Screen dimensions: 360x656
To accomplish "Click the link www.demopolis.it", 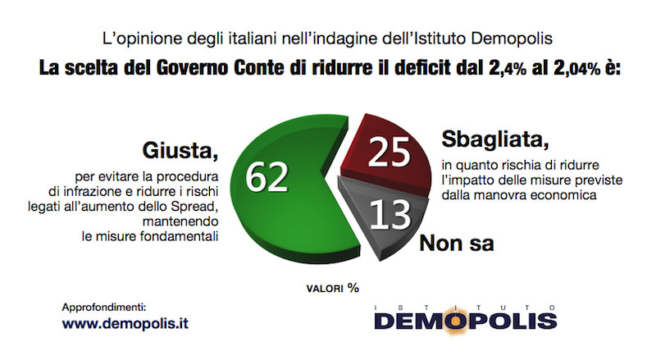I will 125,323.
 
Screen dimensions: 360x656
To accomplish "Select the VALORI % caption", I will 333,288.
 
